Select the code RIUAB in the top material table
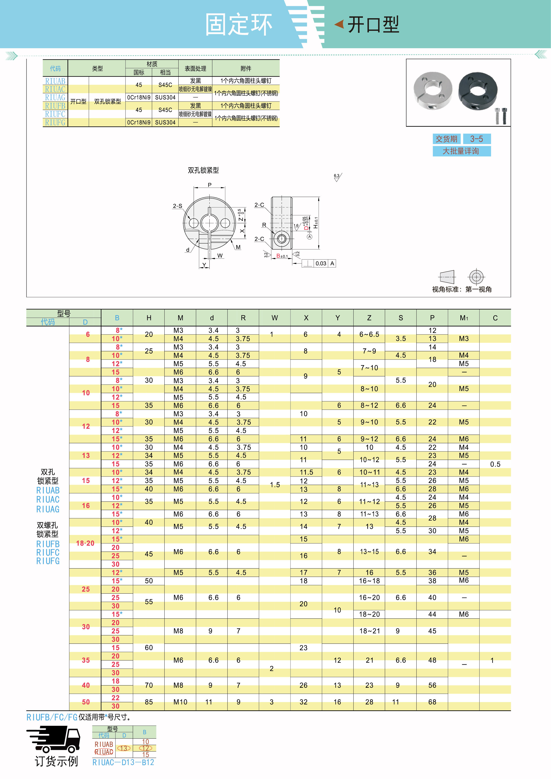click(55, 81)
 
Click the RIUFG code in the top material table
click(55, 123)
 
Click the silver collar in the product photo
click(433, 91)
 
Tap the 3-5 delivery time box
click(477, 139)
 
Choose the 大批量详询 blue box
click(461, 151)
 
